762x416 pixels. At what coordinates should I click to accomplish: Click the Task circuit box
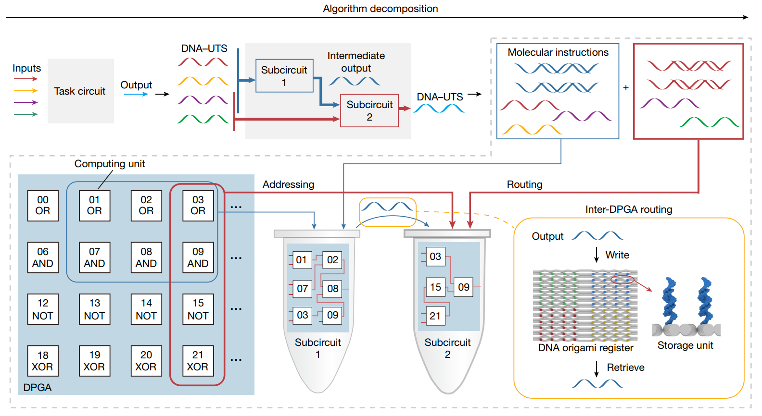80,91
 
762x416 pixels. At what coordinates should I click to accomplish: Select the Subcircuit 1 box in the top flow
284,76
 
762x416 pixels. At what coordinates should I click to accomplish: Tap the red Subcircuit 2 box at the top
369,110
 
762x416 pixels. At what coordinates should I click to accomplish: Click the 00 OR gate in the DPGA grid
43,206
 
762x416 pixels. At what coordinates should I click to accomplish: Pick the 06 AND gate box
43,257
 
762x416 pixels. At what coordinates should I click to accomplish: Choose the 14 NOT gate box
146,309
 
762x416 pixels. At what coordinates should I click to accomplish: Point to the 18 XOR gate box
43,361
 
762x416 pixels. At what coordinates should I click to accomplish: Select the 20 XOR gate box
146,361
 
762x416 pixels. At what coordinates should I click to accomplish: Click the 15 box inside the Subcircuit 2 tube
435,287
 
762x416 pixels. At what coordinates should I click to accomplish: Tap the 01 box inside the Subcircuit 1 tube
302,260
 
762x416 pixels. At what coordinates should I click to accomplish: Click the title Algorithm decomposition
380,9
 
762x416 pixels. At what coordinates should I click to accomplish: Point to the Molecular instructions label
558,52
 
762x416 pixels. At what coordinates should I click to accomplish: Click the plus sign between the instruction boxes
626,88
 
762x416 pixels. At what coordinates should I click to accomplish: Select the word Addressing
288,184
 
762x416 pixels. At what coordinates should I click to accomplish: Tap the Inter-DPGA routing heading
628,209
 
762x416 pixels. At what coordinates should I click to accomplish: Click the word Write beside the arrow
617,255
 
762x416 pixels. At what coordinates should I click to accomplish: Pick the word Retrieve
625,367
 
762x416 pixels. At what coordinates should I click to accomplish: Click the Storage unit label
685,345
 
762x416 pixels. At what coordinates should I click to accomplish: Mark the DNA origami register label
585,348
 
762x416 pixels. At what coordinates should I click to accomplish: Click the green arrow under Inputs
26,114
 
